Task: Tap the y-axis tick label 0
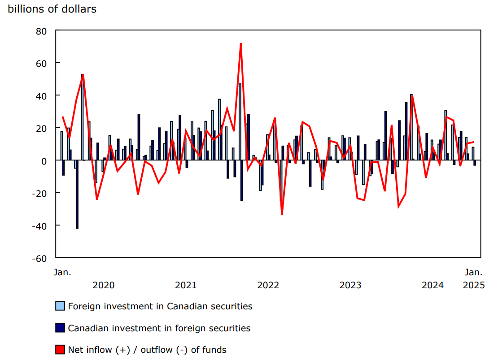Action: [45, 160]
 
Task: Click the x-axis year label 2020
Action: [104, 285]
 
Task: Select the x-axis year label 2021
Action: [186, 285]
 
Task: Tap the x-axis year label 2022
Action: [268, 285]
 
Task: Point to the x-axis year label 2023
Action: [350, 285]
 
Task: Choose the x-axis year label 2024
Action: [432, 285]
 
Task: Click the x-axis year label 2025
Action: [474, 285]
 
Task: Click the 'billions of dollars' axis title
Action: [52, 9]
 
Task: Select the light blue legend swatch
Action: [60, 306]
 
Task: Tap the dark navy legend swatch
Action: [60, 328]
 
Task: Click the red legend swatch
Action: [60, 349]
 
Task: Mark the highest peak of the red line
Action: [241, 44]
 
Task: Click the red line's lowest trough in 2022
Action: [282, 214]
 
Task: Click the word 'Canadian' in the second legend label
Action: [87, 328]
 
